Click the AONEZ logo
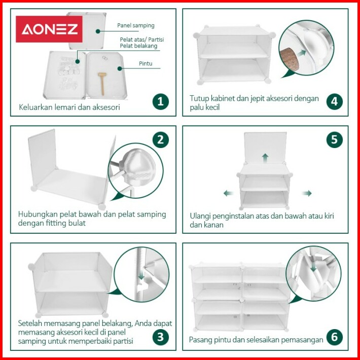(x=49, y=29)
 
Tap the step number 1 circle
(x=161, y=101)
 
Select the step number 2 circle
(x=161, y=139)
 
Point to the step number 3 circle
(x=161, y=337)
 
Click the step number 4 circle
(x=334, y=101)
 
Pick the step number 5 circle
(x=334, y=139)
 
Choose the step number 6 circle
(x=334, y=337)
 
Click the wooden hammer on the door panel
(x=102, y=83)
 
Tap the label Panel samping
(x=136, y=25)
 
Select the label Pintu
(x=146, y=63)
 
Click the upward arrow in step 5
(x=265, y=158)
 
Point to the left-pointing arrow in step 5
(x=229, y=193)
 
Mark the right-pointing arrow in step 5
(x=307, y=193)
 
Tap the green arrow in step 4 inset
(x=302, y=53)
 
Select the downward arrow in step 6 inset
(x=314, y=266)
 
